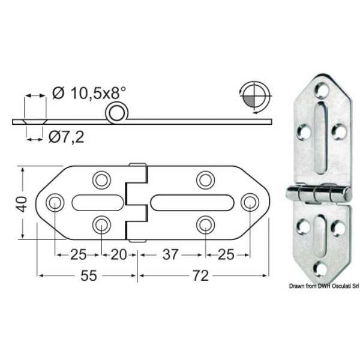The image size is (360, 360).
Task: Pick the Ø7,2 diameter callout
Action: tap(64, 137)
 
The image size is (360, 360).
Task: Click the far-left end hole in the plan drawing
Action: tap(55, 202)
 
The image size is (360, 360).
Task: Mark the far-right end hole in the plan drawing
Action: tap(248, 202)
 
